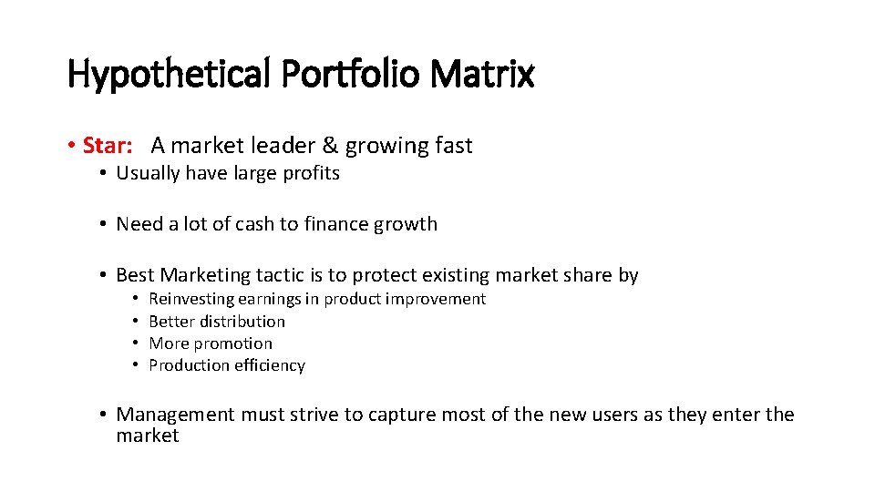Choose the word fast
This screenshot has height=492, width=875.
pyautogui.click(x=451, y=146)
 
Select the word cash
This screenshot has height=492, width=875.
pyautogui.click(x=259, y=224)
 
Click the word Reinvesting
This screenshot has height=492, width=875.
pyautogui.click(x=190, y=299)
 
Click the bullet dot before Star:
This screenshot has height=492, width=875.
pyautogui.click(x=71, y=147)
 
